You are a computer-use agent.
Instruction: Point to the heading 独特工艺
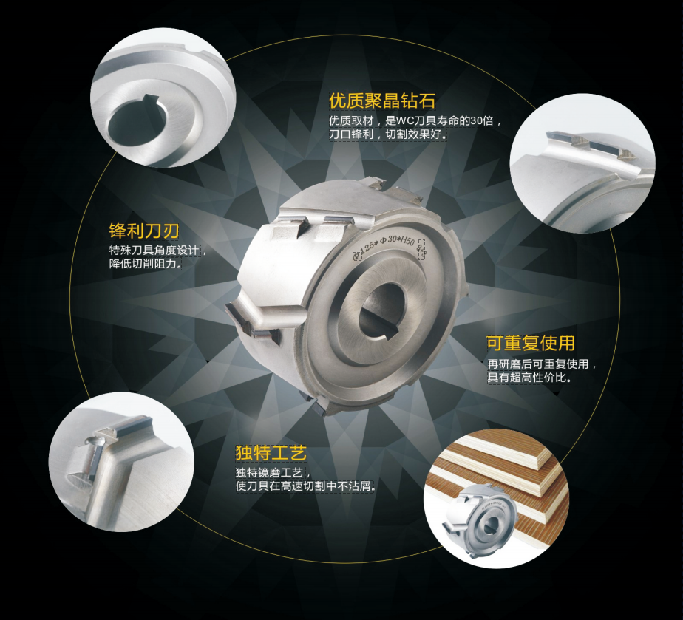point(271,452)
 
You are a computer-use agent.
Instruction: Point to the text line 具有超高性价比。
point(530,378)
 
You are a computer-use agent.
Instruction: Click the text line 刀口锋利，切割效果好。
point(387,136)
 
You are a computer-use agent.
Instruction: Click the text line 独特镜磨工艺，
point(273,473)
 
